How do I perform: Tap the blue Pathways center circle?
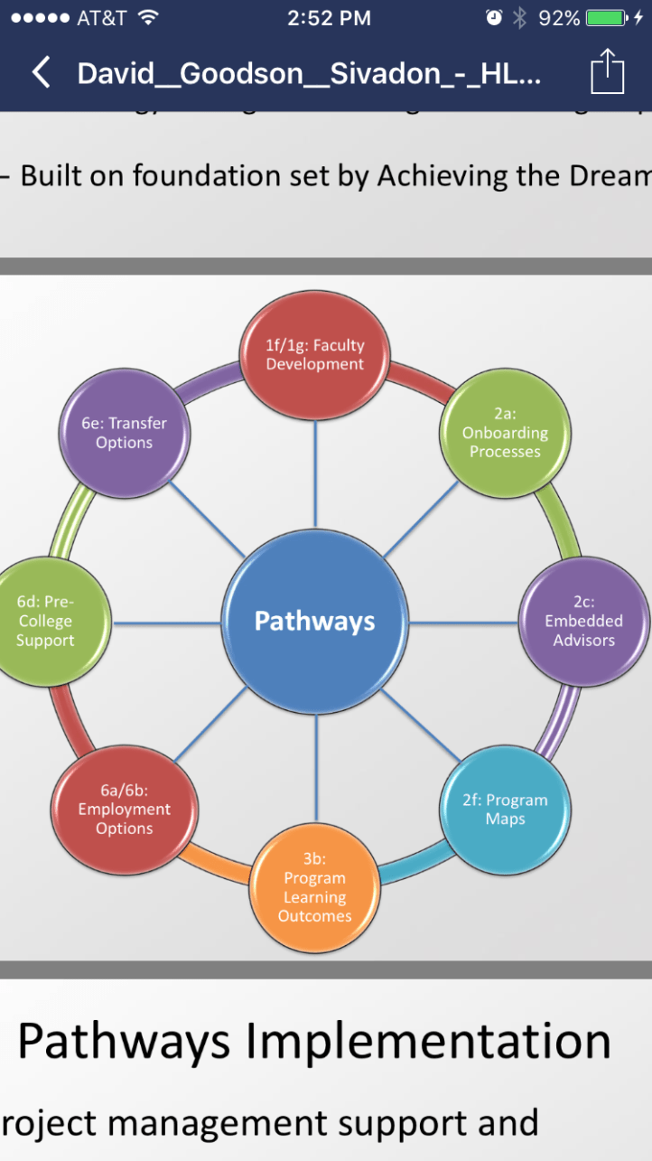pyautogui.click(x=314, y=622)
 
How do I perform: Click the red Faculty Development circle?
pyautogui.click(x=315, y=355)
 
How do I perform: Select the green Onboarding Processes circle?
pyautogui.click(x=505, y=432)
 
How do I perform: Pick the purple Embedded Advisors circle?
pyautogui.click(x=584, y=621)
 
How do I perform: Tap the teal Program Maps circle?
pyautogui.click(x=505, y=810)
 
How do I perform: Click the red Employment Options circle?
pyautogui.click(x=125, y=810)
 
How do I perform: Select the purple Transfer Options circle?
pyautogui.click(x=125, y=433)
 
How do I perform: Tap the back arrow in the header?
pyautogui.click(x=41, y=72)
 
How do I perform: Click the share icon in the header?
pyautogui.click(x=608, y=71)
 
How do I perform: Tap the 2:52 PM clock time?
pyautogui.click(x=329, y=18)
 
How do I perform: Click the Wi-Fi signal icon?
pyautogui.click(x=149, y=18)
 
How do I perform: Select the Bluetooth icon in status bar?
pyautogui.click(x=519, y=18)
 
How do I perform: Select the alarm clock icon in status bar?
pyautogui.click(x=493, y=18)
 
